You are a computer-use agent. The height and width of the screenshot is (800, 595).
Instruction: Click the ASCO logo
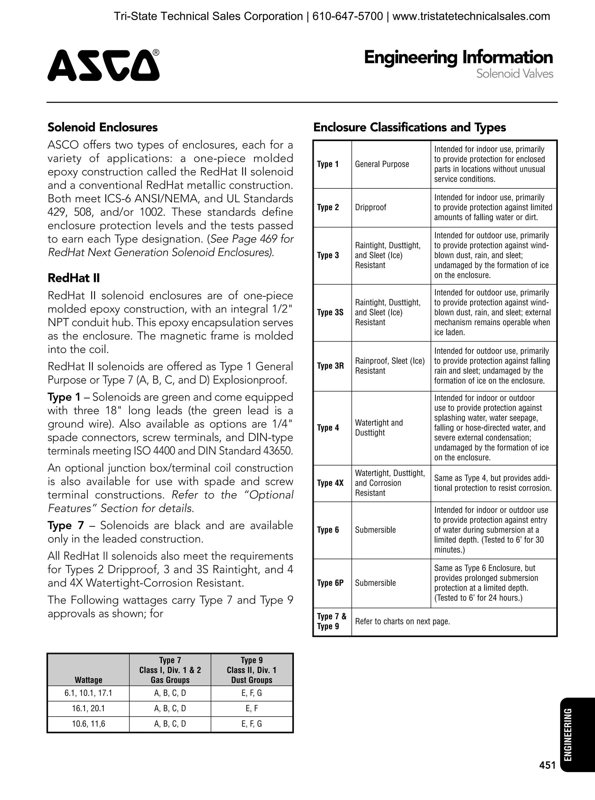click(x=103, y=65)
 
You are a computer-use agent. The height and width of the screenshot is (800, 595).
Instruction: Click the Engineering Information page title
click(x=458, y=58)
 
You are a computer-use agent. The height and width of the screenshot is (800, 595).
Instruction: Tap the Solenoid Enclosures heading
click(x=103, y=127)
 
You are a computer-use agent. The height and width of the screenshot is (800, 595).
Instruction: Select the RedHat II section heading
click(x=74, y=278)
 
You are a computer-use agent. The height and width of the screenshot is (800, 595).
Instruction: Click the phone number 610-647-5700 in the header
click(x=347, y=17)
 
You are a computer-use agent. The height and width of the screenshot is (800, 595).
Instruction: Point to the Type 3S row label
click(x=330, y=312)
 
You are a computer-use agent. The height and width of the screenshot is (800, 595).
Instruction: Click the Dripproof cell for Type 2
click(x=371, y=208)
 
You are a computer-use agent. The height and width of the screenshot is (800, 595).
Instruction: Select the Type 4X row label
click(x=330, y=483)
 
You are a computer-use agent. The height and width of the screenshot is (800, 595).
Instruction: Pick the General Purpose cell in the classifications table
click(x=382, y=164)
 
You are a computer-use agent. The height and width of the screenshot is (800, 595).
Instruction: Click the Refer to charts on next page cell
click(x=402, y=622)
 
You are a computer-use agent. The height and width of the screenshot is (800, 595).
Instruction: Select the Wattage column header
click(x=88, y=680)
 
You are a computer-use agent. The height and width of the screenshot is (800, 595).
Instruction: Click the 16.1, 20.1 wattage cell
click(x=88, y=708)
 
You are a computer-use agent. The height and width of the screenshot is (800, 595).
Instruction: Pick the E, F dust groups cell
click(x=252, y=708)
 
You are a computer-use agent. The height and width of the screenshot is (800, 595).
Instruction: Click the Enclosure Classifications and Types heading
click(x=410, y=127)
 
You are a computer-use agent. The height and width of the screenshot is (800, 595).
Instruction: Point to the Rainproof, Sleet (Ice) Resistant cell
click(x=390, y=366)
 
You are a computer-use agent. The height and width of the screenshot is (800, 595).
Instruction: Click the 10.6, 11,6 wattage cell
click(x=88, y=724)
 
